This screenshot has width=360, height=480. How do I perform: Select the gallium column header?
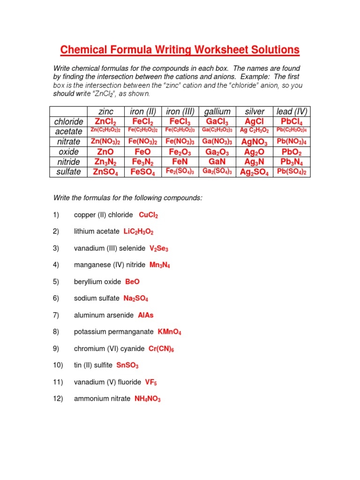tap(217, 112)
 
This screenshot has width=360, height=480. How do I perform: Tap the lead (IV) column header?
tap(292, 112)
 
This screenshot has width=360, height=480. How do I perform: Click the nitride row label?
tap(69, 162)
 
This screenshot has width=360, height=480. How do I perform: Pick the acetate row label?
tap(69, 131)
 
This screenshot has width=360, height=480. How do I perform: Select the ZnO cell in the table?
tap(105, 152)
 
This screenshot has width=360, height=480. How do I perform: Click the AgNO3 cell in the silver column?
tap(254, 142)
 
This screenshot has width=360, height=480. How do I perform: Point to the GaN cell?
tap(217, 162)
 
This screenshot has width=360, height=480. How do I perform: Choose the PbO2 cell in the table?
tap(292, 152)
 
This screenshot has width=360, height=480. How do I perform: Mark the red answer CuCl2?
tap(149, 215)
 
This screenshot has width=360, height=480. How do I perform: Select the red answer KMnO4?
tap(169, 332)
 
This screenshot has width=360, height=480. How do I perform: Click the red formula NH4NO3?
tap(148, 399)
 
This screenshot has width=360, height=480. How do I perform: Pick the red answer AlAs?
tap(146, 315)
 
